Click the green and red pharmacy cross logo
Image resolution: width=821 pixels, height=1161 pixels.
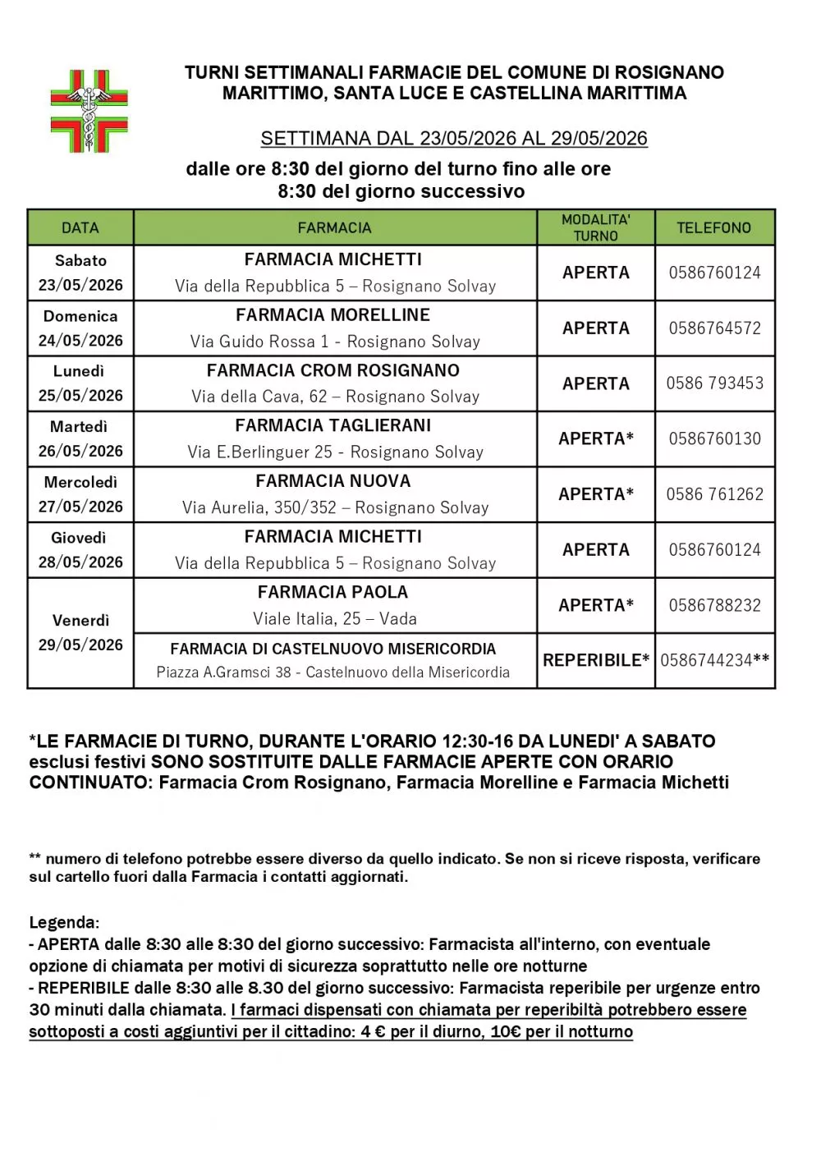[x=89, y=111]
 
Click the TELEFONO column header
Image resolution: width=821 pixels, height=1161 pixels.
[x=713, y=227]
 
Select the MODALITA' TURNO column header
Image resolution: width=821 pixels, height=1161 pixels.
[x=595, y=227]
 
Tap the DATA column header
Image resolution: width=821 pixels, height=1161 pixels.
[x=80, y=227]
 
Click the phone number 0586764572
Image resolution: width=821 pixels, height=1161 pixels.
[x=714, y=328]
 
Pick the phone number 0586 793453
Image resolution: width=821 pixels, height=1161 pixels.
[x=714, y=383]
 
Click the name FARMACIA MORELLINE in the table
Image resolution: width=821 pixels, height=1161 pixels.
[x=333, y=315]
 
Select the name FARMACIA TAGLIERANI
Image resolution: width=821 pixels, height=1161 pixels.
[x=333, y=425]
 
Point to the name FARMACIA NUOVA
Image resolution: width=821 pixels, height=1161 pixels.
[x=333, y=481]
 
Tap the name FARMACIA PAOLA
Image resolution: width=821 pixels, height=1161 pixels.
[x=333, y=592]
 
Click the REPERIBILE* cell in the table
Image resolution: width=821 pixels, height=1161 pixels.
[x=595, y=660]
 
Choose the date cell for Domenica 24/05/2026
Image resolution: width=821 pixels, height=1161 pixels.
[x=80, y=328]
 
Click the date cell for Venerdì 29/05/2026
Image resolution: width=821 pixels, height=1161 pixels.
[x=80, y=632]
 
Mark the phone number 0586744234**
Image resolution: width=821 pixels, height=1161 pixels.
[x=714, y=660]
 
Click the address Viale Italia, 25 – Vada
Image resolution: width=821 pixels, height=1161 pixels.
[x=335, y=619]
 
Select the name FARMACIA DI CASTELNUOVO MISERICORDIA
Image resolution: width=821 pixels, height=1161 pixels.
[x=333, y=649]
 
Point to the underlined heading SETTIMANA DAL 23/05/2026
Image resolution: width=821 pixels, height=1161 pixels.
[x=454, y=138]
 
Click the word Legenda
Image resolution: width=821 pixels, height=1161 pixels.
[x=63, y=922]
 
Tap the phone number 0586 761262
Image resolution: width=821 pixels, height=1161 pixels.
[x=714, y=494]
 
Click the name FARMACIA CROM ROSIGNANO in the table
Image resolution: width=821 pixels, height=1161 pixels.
[x=333, y=370]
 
